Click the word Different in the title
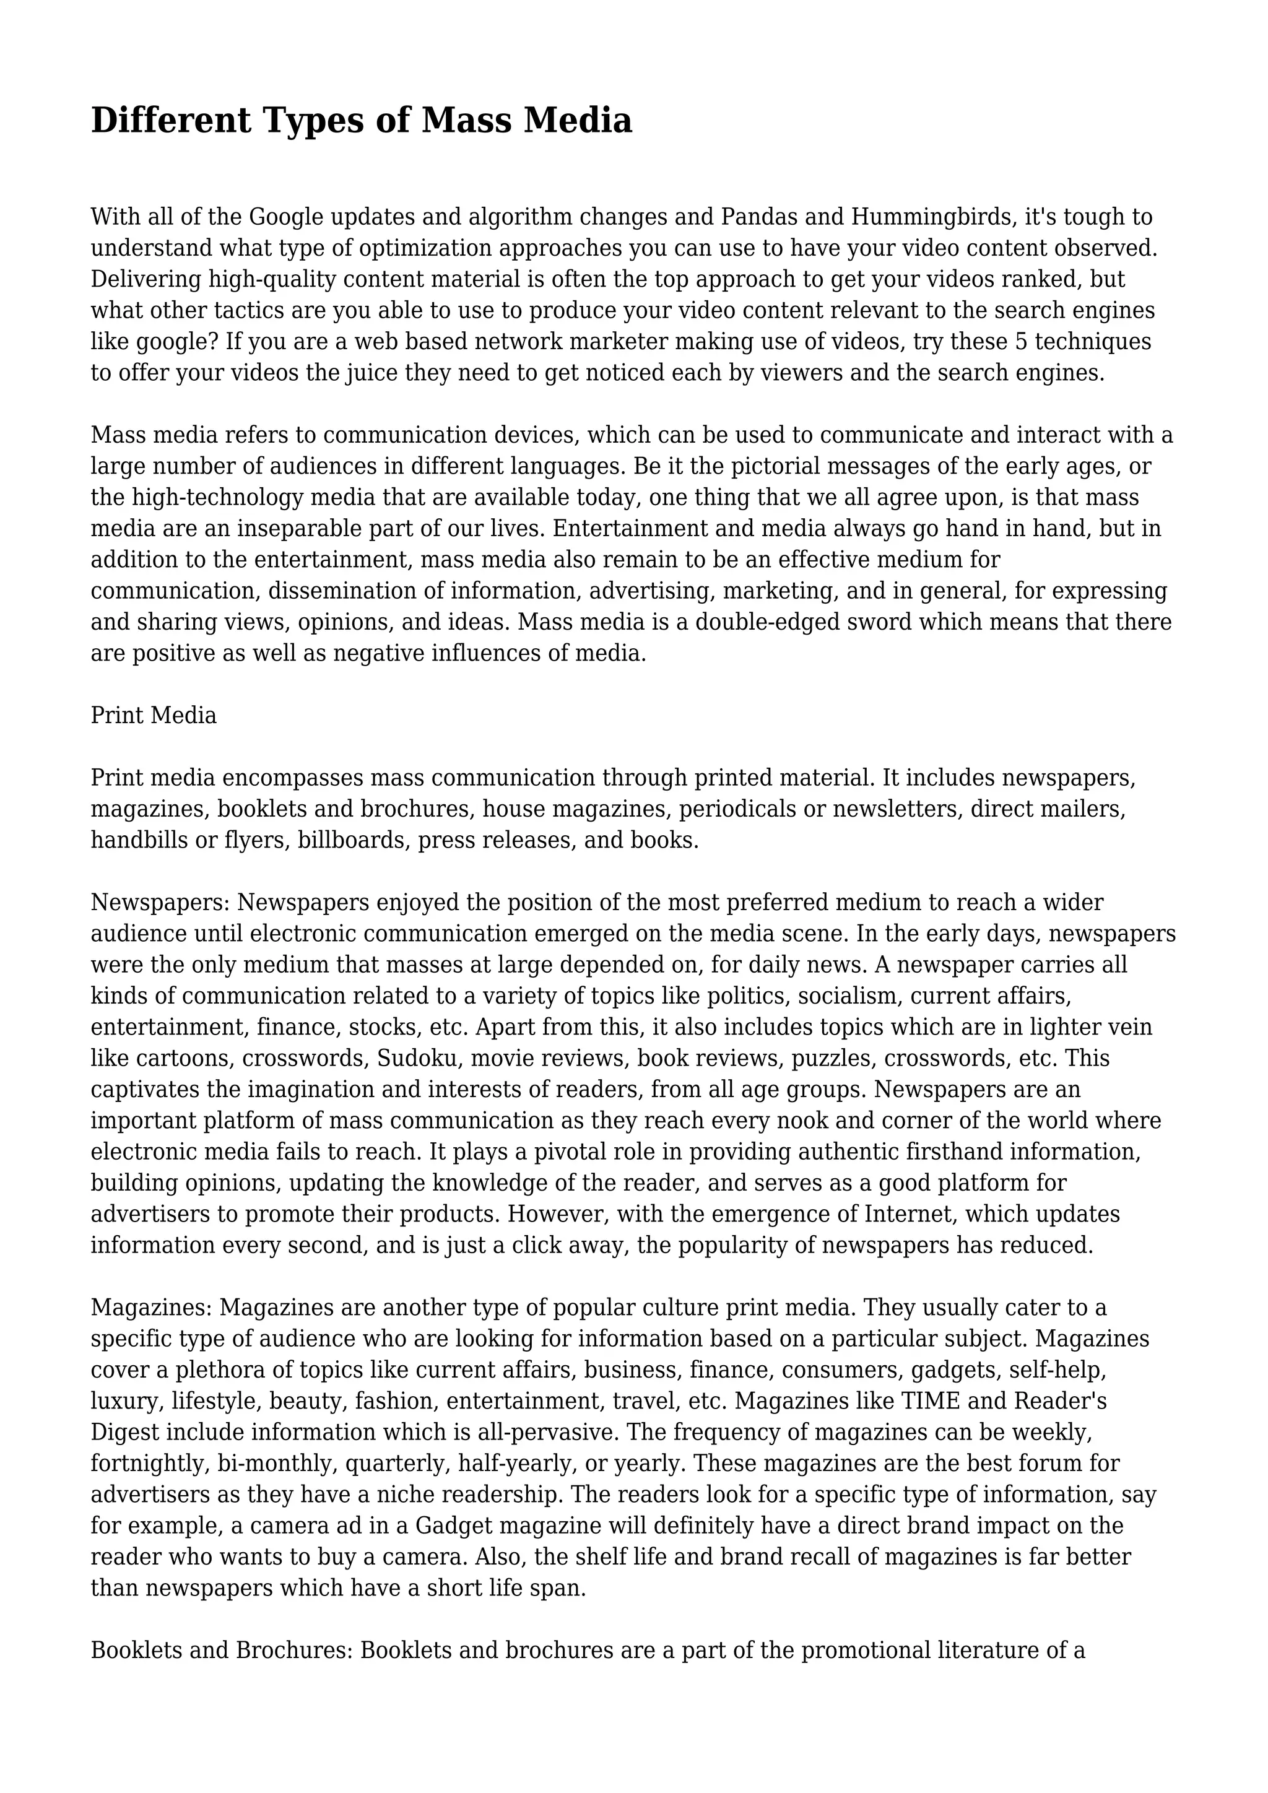point(171,121)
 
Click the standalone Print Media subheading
point(154,715)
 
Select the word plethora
point(215,1370)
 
